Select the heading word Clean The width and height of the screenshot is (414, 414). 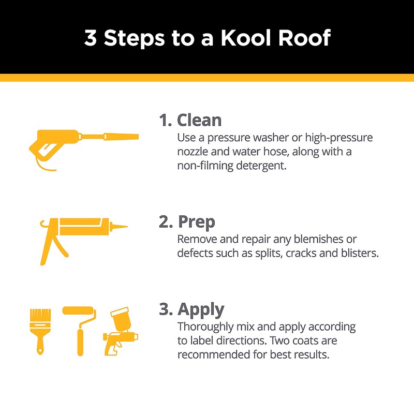pyautogui.click(x=199, y=120)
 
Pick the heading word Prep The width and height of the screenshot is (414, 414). pyautogui.click(x=196, y=222)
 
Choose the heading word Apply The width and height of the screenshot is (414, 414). pyautogui.click(x=201, y=309)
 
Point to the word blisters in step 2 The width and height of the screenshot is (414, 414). pyautogui.click(x=358, y=253)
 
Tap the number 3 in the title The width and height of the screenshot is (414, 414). pyautogui.click(x=91, y=38)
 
